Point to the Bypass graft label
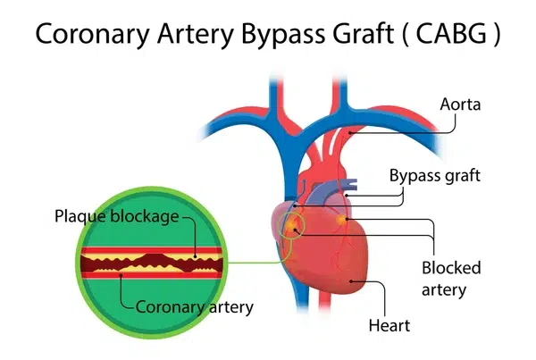[434, 175]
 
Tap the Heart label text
[389, 325]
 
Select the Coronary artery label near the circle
[195, 306]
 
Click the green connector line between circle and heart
[255, 262]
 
